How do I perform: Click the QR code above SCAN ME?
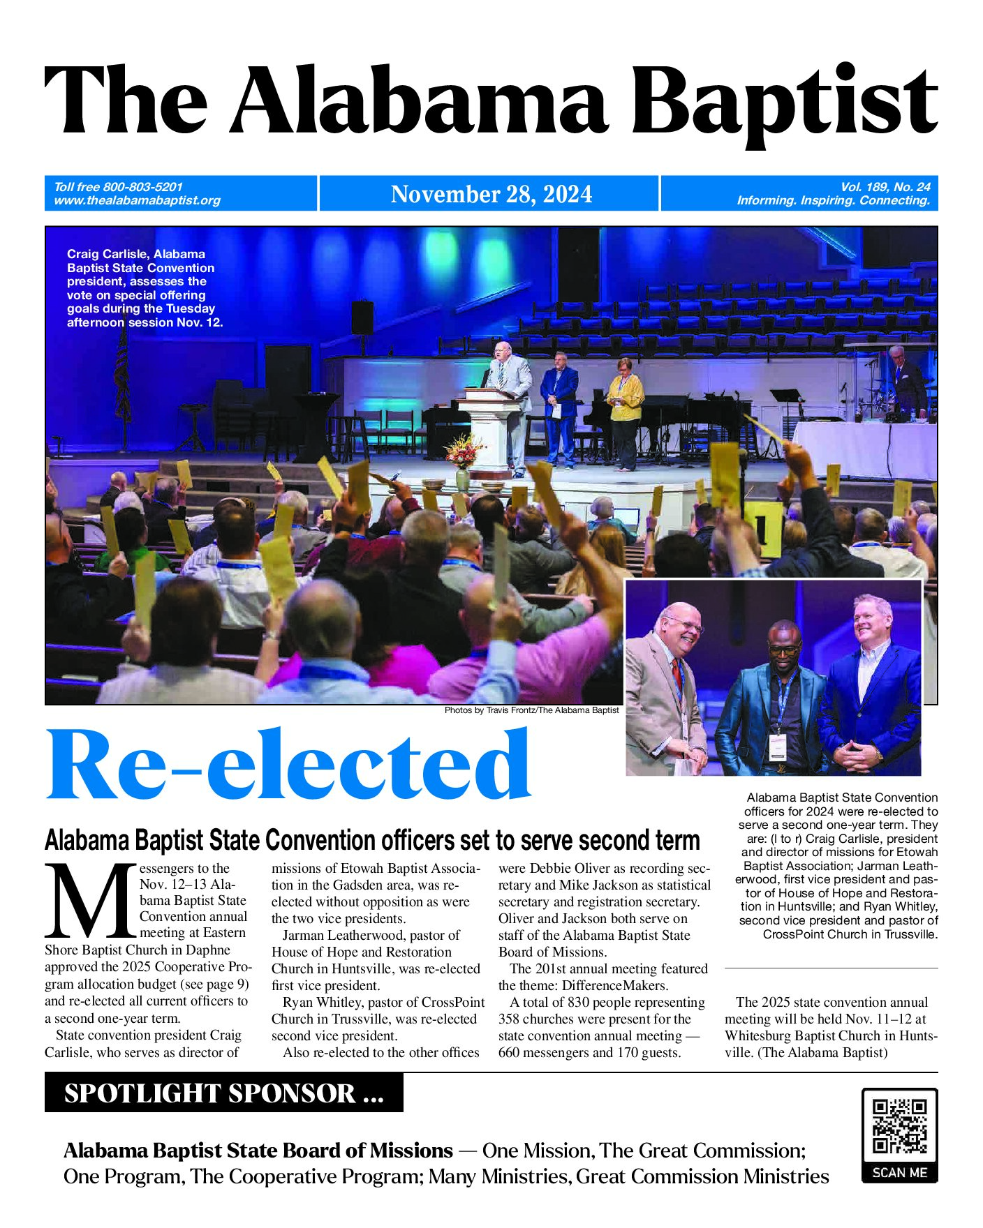[x=899, y=1126]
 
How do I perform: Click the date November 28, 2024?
[x=491, y=194]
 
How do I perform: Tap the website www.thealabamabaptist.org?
[x=137, y=201]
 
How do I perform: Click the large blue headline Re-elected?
[x=288, y=766]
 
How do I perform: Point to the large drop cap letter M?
[x=89, y=901]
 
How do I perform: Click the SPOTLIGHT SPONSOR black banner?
[x=223, y=1093]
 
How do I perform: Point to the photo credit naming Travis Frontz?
[x=531, y=710]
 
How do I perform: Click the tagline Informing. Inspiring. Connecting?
[x=833, y=201]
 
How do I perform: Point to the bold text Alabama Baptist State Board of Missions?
[x=258, y=1150]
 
